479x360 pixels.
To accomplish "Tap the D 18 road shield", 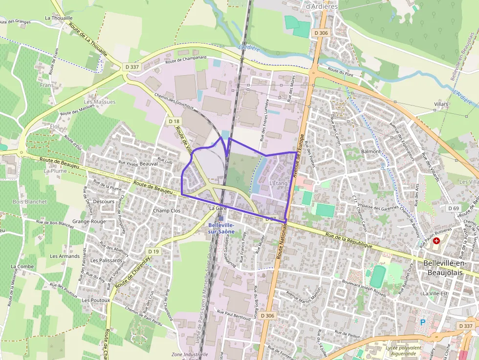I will (174, 121).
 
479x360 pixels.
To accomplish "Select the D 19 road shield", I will (153, 252).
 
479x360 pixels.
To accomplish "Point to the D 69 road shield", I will (454, 208).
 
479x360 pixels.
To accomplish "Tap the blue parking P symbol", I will (423, 322).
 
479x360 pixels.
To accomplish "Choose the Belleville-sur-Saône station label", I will (221, 228).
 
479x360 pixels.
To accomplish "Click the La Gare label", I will (218, 209).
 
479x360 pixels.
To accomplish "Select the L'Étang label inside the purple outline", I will (279, 183).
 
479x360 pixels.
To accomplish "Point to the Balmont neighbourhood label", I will (370, 151).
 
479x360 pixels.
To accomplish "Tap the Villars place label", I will (441, 105).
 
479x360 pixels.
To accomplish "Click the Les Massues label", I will (100, 102).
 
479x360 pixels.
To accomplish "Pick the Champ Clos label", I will (167, 211).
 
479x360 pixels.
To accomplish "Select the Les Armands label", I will (65, 256).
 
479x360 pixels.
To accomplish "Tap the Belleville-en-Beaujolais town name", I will (450, 269).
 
